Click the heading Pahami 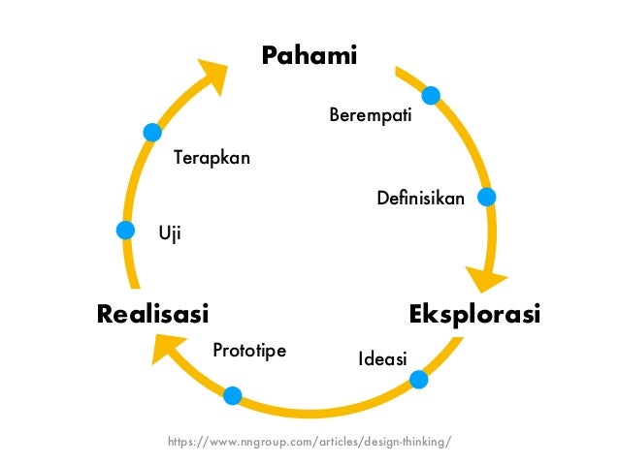tap(309, 56)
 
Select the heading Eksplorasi tap(474, 315)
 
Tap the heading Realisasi tap(152, 315)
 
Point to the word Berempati tap(371, 116)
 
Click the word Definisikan tap(420, 199)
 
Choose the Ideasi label tap(382, 360)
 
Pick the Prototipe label tap(249, 350)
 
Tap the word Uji tap(170, 232)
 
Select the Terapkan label tap(212, 157)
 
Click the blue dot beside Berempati tap(431, 95)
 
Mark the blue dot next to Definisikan tap(487, 197)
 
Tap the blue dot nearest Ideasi tap(419, 380)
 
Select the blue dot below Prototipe tap(233, 395)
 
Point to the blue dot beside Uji tap(125, 231)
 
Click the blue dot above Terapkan tap(151, 132)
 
